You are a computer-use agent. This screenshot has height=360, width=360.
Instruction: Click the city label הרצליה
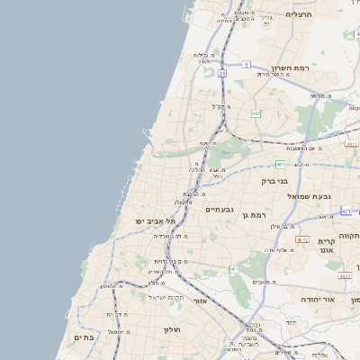(x=299, y=15)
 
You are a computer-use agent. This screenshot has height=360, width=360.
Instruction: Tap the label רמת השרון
(x=292, y=68)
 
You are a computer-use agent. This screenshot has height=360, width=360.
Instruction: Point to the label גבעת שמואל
(x=310, y=196)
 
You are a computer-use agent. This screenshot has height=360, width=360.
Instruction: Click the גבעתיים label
(x=220, y=210)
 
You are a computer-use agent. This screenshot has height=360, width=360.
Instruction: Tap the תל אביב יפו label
(x=153, y=220)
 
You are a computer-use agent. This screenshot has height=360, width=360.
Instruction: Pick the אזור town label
(x=201, y=301)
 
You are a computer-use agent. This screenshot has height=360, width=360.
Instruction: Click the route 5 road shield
(x=246, y=65)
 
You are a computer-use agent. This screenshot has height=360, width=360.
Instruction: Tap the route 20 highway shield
(x=222, y=74)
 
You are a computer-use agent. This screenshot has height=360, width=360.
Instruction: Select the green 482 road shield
(x=256, y=113)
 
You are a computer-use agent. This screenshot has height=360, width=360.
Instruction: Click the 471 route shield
(x=346, y=210)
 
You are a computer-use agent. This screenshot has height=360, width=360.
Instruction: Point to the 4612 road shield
(x=303, y=240)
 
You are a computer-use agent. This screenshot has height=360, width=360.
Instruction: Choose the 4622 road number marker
(x=351, y=143)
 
